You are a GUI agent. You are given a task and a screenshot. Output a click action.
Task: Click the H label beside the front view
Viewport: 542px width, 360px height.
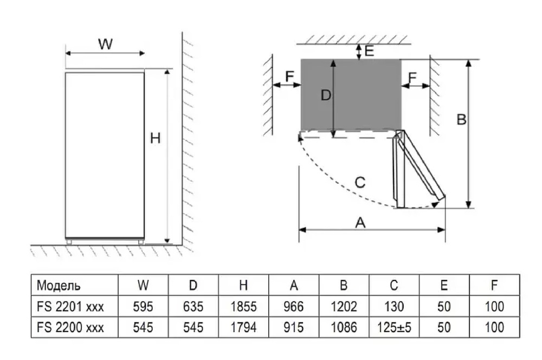(156, 139)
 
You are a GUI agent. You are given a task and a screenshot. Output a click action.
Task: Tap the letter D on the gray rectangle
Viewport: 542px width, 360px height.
(325, 95)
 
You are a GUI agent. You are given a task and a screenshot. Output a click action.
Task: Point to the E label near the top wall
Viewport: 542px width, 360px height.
(370, 52)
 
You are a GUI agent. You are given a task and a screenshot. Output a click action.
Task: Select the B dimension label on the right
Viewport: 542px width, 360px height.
(461, 120)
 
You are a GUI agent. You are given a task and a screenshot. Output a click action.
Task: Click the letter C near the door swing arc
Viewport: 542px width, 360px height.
(360, 182)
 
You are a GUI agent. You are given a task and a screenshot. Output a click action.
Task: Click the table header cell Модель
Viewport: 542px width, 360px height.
(59, 285)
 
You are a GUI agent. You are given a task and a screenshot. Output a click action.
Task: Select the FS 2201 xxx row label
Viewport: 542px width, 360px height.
(70, 307)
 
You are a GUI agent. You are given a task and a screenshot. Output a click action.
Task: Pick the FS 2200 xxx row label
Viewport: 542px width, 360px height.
(70, 327)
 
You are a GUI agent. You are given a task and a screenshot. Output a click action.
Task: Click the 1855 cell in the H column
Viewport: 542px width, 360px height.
(243, 307)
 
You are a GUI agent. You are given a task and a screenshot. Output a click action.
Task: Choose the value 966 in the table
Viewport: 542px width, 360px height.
(294, 307)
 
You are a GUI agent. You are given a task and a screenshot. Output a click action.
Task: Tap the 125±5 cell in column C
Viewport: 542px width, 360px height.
(394, 327)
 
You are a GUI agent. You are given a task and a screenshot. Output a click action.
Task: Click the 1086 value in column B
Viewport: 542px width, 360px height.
(344, 327)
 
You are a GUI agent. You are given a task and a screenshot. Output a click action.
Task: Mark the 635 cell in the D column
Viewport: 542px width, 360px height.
(193, 307)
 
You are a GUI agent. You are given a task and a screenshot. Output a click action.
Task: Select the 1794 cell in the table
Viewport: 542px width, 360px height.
(243, 327)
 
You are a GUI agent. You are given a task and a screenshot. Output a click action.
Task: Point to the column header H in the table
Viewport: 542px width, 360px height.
(243, 285)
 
